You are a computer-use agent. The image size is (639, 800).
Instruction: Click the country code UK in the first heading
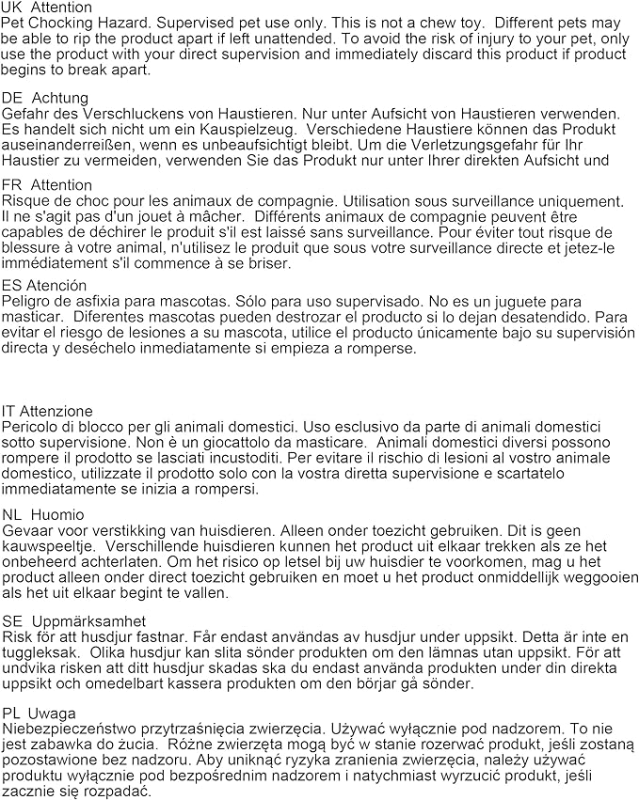tap(13, 8)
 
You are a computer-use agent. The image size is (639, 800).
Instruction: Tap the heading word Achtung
tap(60, 98)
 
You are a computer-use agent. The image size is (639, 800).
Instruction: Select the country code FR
tap(12, 185)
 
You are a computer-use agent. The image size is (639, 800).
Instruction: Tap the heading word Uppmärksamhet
tap(88, 621)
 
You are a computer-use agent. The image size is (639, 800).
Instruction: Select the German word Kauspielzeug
tap(252, 128)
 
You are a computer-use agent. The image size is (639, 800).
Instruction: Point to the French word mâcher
tap(198, 217)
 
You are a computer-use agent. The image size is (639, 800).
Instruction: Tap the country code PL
tap(12, 714)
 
